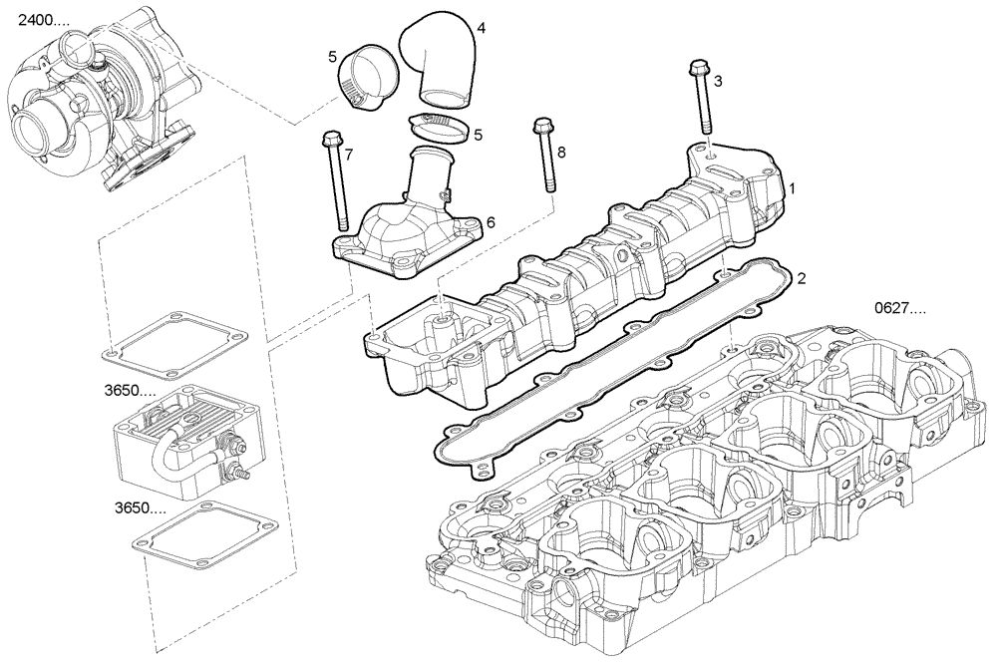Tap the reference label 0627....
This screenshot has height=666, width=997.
click(900, 308)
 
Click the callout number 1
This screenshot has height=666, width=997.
click(793, 187)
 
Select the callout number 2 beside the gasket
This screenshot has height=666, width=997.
click(800, 278)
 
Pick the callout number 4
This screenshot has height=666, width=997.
click(481, 28)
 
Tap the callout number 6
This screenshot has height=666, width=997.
click(490, 222)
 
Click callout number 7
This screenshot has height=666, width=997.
click(349, 154)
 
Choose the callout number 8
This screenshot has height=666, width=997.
click(561, 152)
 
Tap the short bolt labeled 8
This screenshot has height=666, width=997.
click(545, 155)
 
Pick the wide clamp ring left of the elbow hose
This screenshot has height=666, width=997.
click(366, 75)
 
